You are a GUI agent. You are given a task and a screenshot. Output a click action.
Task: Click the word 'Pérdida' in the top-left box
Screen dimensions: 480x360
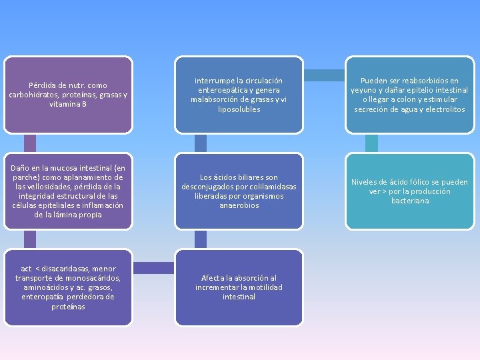tap(40, 85)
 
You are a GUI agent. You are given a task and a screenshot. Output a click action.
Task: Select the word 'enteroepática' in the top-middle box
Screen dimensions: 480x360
tap(221, 90)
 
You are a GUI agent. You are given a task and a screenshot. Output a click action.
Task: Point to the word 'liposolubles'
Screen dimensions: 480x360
tap(239, 109)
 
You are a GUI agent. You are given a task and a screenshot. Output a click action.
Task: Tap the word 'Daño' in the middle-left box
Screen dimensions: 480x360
tap(19, 168)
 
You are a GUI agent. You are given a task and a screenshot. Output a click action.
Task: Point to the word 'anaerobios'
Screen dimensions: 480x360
tap(239, 205)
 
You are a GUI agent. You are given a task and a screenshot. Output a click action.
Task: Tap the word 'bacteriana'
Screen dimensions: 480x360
tap(410, 201)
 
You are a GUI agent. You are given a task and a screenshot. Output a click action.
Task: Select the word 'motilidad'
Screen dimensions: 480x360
tap(265, 287)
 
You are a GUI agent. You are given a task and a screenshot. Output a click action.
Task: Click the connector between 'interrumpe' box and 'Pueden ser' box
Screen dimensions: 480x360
tap(324, 75)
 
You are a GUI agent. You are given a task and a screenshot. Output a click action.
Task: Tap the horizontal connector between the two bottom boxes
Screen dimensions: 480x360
tap(154, 268)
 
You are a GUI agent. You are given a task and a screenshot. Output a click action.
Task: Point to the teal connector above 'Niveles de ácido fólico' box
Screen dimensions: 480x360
tap(371, 143)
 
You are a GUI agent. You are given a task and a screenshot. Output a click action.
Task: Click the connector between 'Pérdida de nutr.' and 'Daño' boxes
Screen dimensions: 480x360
tap(30, 143)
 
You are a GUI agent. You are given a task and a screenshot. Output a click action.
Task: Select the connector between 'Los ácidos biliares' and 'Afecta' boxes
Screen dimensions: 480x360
tap(201, 239)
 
